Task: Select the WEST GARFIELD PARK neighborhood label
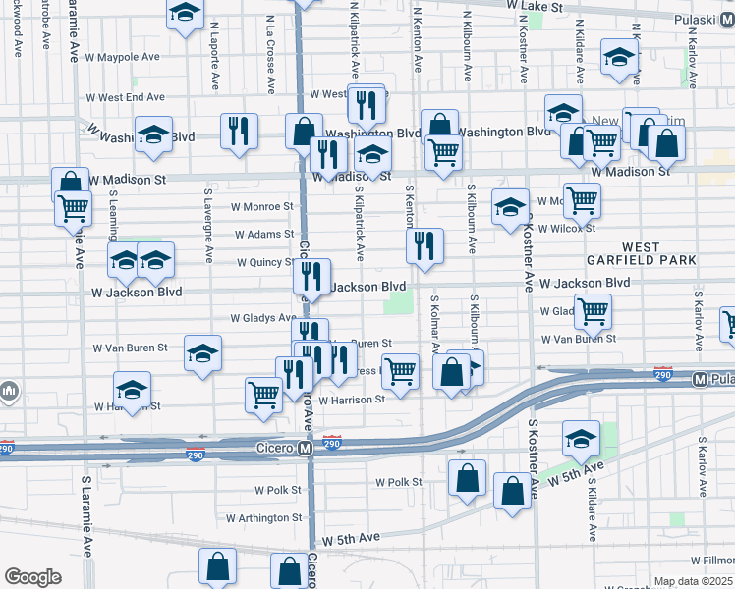(x=658, y=252)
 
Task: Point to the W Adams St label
(x=264, y=235)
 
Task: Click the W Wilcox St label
(x=567, y=228)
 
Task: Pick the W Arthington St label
(x=263, y=517)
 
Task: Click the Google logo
(x=32, y=577)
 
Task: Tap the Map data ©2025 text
(x=694, y=581)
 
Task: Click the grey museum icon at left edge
(x=9, y=393)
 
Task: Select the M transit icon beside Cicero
(x=305, y=448)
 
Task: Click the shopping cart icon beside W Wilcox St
(x=583, y=200)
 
